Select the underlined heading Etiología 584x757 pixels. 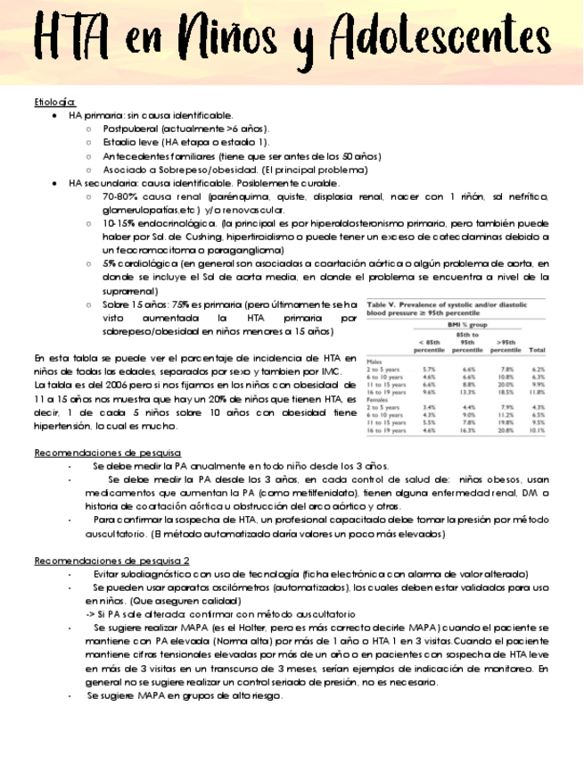[54, 102]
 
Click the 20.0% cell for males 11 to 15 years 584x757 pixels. [506, 384]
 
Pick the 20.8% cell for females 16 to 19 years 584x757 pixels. [506, 430]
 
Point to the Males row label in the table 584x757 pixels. [374, 361]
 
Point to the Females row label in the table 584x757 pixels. [378, 399]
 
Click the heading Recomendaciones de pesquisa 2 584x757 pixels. [111, 561]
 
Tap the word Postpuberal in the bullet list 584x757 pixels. [131, 129]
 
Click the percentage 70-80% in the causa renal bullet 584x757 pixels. [119, 195]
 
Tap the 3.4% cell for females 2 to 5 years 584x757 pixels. [429, 407]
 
